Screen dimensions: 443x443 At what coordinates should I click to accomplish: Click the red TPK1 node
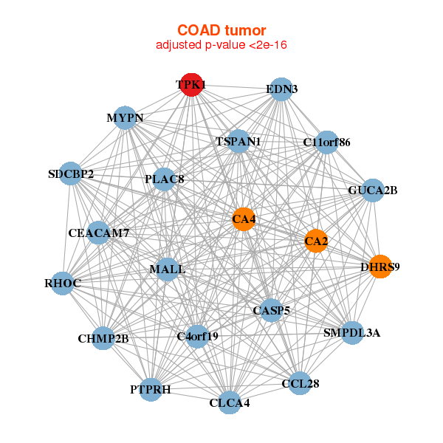(x=191, y=85)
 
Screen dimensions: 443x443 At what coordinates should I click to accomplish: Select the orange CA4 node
(x=244, y=219)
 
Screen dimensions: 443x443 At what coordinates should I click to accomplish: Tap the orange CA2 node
(x=316, y=241)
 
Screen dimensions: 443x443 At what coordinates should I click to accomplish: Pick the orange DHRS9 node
(x=380, y=267)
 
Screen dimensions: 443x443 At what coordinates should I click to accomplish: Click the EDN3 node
(x=281, y=89)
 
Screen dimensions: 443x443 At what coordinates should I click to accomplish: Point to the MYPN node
(x=125, y=118)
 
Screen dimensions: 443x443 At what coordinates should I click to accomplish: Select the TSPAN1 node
(x=238, y=140)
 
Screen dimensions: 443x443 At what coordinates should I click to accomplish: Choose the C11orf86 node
(x=326, y=141)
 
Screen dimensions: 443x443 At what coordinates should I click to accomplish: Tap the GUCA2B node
(x=372, y=190)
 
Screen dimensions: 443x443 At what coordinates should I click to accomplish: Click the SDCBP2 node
(x=71, y=174)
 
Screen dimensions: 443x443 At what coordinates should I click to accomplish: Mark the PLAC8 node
(x=164, y=179)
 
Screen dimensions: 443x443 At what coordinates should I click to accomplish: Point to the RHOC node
(x=62, y=283)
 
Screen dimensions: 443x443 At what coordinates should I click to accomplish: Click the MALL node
(x=168, y=269)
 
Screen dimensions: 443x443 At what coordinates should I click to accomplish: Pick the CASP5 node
(x=271, y=310)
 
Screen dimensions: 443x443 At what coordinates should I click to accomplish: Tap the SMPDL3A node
(x=352, y=333)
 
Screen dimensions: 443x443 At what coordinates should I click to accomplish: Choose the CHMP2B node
(x=103, y=339)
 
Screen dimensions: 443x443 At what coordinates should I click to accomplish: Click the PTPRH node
(x=151, y=389)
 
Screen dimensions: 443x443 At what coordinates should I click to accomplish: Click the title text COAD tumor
(x=221, y=30)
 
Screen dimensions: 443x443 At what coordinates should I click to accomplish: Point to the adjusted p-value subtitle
(x=221, y=45)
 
